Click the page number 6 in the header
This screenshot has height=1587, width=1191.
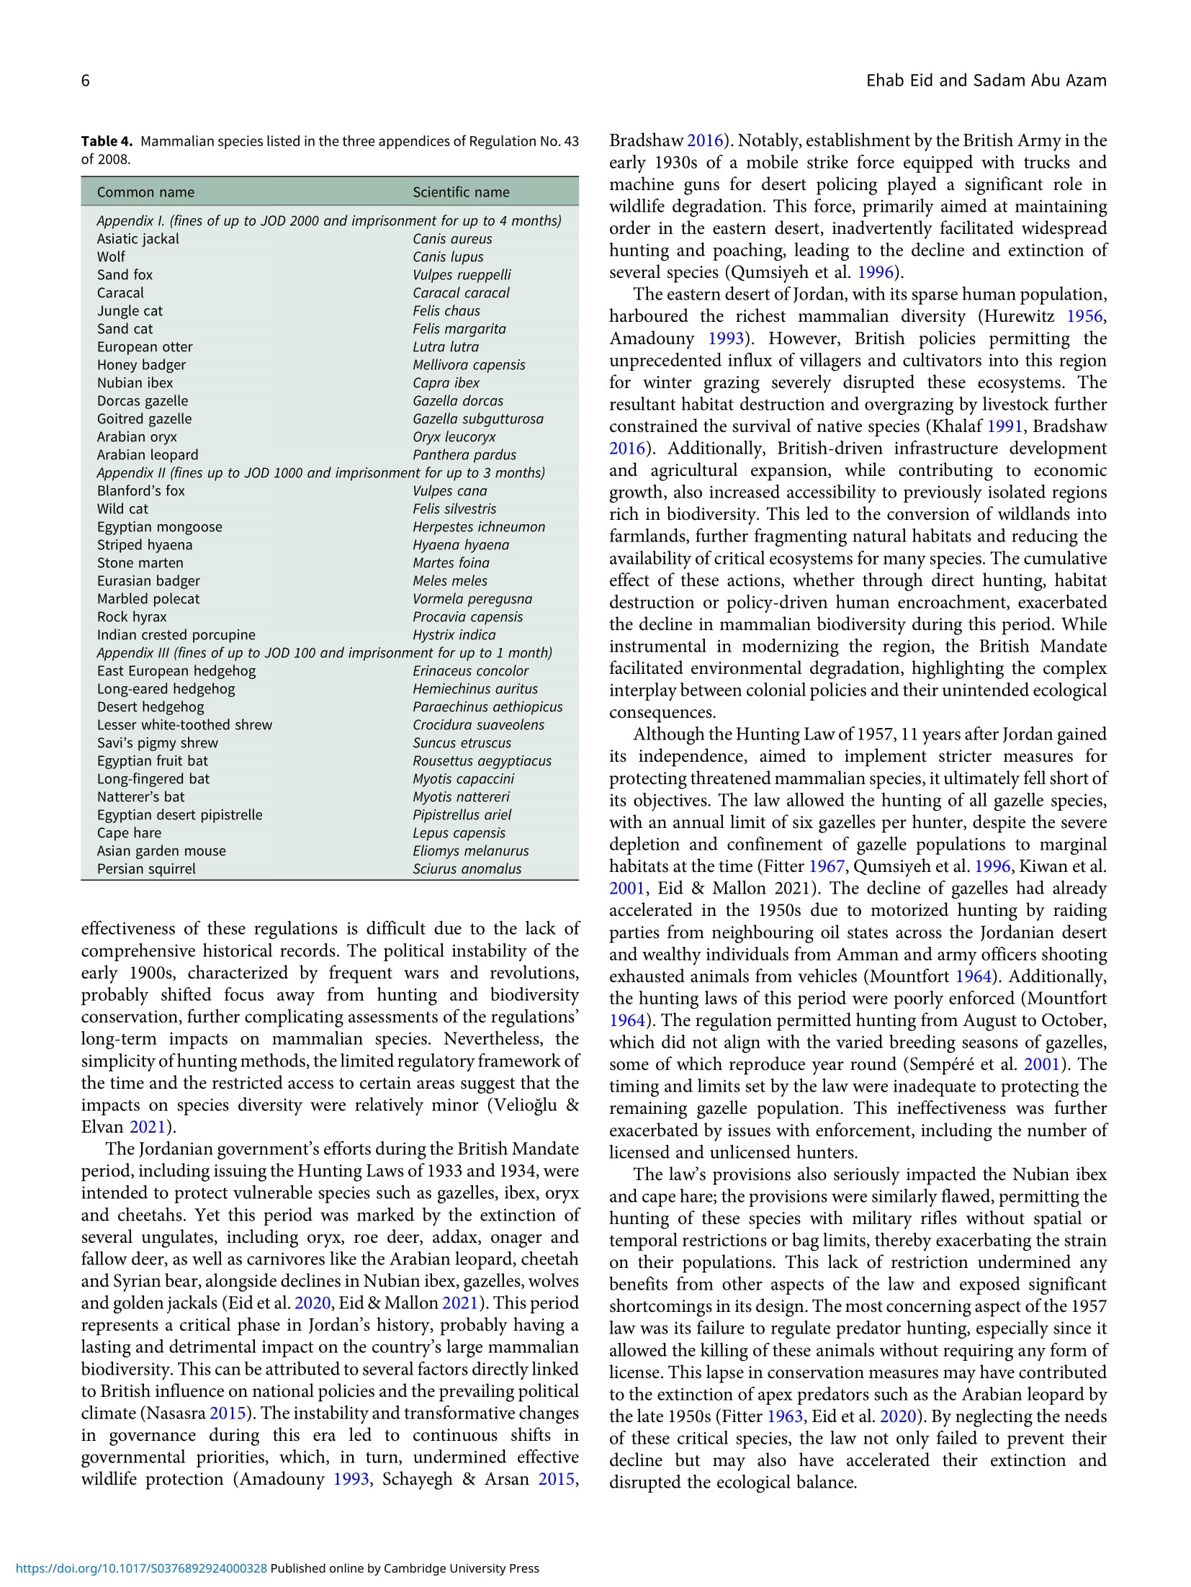86,81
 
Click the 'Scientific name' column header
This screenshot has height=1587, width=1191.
461,192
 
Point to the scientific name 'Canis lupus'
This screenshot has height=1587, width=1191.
448,257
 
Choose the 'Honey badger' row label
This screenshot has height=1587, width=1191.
141,365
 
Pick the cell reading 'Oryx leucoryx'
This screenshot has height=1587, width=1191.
454,437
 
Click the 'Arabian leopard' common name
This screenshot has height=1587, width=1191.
148,455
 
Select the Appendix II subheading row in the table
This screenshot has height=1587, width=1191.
320,473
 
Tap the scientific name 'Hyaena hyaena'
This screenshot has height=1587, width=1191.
461,545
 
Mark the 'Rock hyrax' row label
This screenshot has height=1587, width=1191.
132,617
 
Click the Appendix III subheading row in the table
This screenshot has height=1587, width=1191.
324,653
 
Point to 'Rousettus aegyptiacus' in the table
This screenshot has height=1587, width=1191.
482,761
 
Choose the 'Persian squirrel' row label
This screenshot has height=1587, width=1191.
146,869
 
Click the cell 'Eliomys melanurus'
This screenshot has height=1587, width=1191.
470,851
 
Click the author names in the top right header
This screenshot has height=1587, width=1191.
986,81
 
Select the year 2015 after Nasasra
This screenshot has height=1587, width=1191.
228,1413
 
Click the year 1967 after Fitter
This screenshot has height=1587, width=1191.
826,866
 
